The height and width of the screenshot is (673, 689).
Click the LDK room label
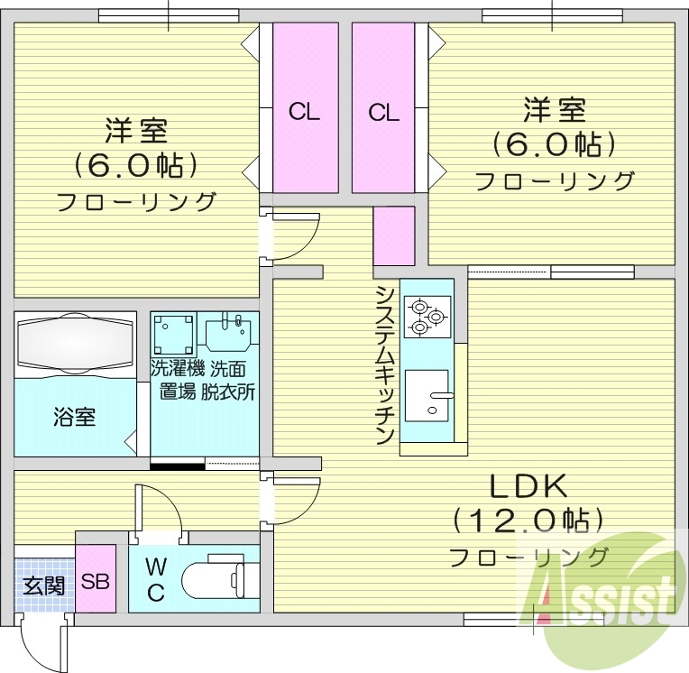click(528, 488)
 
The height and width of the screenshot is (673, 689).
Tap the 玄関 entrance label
click(43, 585)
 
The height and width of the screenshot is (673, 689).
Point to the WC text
click(155, 579)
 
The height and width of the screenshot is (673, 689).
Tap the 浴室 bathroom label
click(75, 418)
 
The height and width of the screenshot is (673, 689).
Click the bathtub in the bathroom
click(74, 344)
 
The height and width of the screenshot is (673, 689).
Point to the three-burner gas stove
click(426, 316)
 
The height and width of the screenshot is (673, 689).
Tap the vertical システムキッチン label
click(385, 365)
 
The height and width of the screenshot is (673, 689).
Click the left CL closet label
click(305, 112)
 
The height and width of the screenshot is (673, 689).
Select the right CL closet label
click(383, 112)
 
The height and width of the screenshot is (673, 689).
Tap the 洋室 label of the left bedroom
click(136, 132)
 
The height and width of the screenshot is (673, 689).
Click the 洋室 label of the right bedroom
click(555, 111)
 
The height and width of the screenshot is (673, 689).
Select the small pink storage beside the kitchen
click(394, 236)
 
